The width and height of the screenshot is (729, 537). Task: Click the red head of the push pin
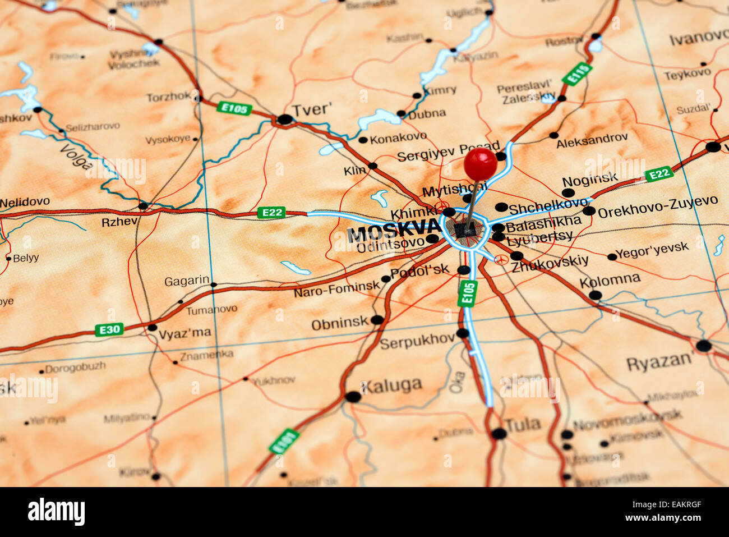click(480, 164)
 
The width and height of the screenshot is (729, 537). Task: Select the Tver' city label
click(311, 109)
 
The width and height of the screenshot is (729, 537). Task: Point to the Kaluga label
click(391, 385)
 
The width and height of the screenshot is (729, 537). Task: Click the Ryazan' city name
click(659, 362)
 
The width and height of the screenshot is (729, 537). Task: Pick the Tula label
click(523, 424)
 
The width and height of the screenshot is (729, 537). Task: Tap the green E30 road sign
click(109, 329)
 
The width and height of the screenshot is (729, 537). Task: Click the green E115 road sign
click(577, 74)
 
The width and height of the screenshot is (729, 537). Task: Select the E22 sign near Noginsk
click(658, 175)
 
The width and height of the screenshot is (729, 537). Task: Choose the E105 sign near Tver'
click(234, 108)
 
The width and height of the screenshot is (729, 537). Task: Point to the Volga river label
click(77, 157)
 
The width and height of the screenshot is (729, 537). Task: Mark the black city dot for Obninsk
click(377, 320)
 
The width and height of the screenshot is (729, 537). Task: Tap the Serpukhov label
click(417, 341)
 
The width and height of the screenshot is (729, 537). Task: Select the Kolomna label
click(610, 279)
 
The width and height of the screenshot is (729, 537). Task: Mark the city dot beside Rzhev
click(143, 206)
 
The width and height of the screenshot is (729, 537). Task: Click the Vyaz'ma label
click(184, 333)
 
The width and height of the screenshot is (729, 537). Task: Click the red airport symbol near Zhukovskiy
click(501, 259)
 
